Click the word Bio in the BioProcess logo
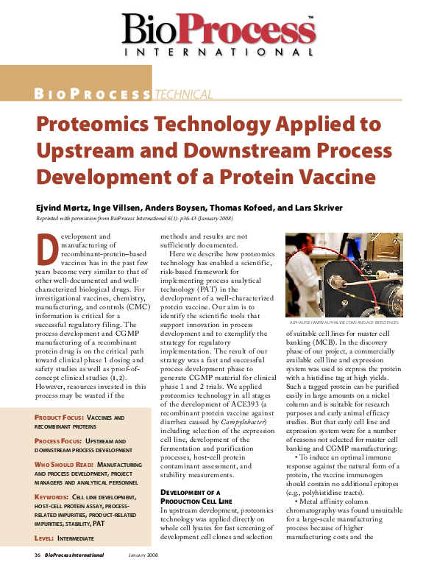click(151, 31)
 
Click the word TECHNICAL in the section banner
click(183, 94)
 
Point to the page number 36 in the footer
click(36, 554)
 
